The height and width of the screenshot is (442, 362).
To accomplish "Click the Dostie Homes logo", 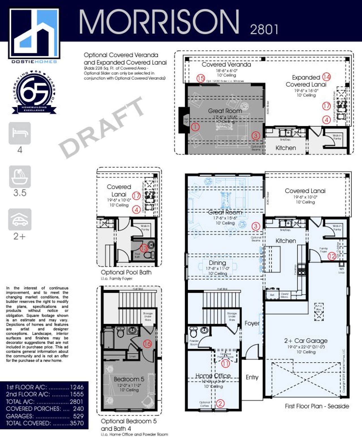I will [34, 34].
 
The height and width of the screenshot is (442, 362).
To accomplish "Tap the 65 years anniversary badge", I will [34, 92].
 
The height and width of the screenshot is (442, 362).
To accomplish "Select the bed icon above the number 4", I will [20, 133].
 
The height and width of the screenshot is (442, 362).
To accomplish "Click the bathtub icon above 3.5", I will [20, 177].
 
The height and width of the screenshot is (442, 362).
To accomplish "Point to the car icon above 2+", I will [20, 219].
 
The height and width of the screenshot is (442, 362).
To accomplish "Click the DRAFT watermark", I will [102, 127].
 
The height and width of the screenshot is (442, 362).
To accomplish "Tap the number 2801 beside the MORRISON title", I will [264, 29].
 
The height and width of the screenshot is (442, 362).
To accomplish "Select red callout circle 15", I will [201, 78].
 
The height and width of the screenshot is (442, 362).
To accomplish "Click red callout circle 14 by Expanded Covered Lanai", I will [326, 77].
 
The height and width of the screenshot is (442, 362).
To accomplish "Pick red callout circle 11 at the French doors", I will [225, 364].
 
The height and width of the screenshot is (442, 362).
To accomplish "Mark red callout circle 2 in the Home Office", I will [220, 403].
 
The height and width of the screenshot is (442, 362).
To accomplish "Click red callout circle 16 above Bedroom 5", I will [148, 344].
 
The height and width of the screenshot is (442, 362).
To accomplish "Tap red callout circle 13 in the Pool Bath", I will [144, 248].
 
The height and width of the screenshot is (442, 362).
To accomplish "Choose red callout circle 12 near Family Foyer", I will [331, 256].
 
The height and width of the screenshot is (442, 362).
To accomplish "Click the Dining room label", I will [217, 263].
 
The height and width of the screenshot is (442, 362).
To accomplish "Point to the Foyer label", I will [252, 323].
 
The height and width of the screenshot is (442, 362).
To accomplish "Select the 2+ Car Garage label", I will [306, 341].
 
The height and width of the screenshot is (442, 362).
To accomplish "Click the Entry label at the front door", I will [252, 377].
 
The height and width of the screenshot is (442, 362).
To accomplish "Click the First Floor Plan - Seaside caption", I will [317, 406].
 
